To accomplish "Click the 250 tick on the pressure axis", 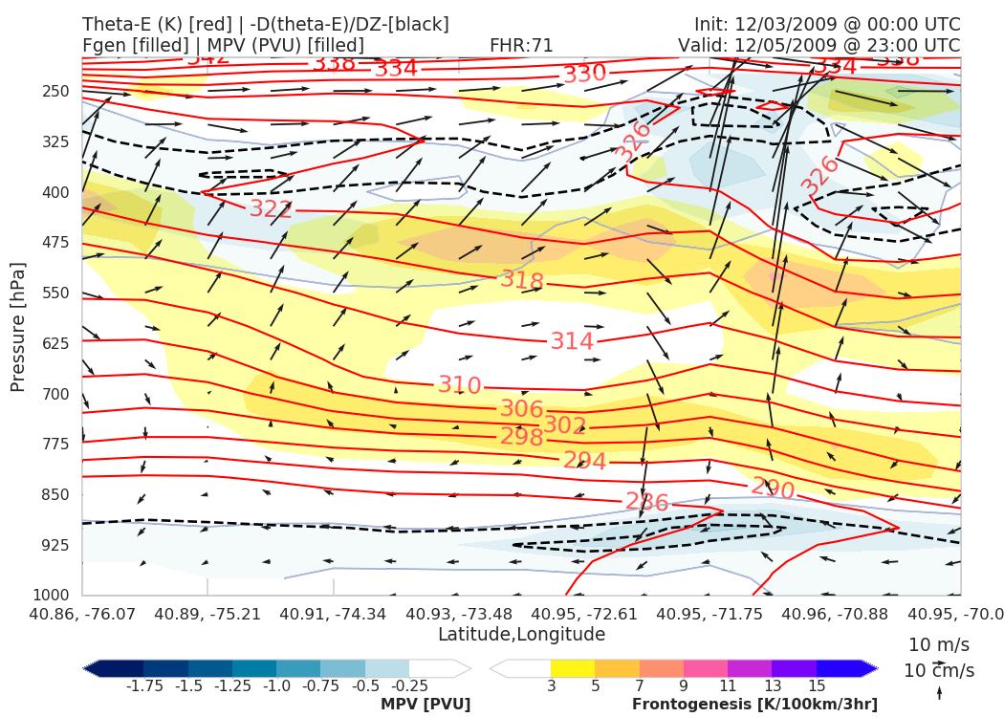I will (57, 92).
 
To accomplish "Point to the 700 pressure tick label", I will (57, 394).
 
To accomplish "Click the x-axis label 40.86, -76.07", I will (82, 613).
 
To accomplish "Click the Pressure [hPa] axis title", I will (18, 325).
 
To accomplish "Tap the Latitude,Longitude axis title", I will (521, 634).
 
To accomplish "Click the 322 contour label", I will (271, 208).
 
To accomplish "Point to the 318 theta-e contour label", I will (522, 281).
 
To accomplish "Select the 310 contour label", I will (459, 385).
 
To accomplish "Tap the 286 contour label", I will (646, 501).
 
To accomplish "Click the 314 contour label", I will (572, 341).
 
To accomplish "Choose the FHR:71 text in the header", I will (521, 45).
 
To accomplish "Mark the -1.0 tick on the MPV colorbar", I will (276, 686).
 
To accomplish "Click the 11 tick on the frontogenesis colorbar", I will (728, 686).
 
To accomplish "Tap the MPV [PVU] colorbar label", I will (426, 705).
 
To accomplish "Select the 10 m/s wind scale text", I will (935, 644).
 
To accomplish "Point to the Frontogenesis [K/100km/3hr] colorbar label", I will (754, 705).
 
